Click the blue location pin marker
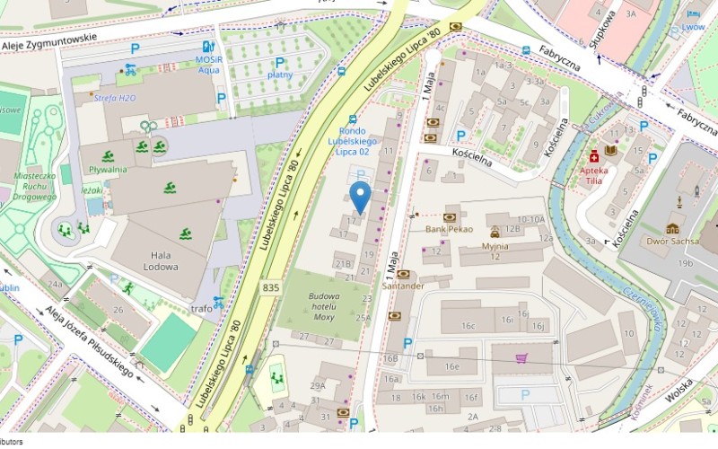tap(360, 197)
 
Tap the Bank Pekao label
tap(449, 229)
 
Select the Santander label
tap(402, 286)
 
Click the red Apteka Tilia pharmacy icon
tap(593, 154)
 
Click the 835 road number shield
tap(272, 287)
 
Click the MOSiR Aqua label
tap(208, 64)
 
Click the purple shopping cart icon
tap(522, 358)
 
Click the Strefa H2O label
tap(114, 97)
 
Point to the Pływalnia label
tap(107, 168)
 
